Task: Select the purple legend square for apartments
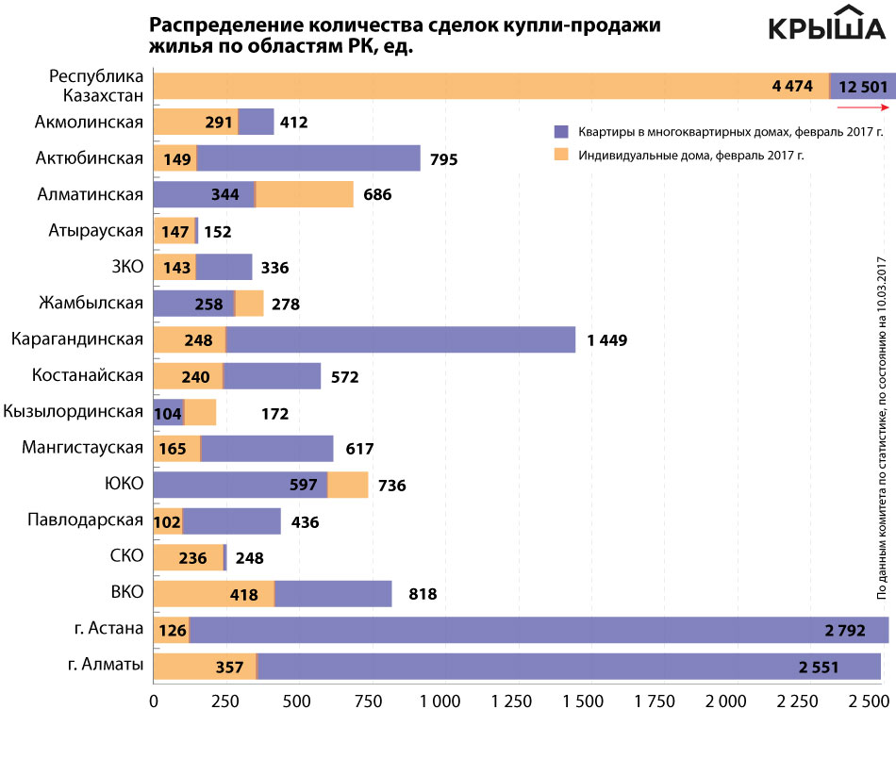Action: [x=561, y=131]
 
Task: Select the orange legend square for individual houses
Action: [x=561, y=153]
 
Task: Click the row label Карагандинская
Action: [x=77, y=338]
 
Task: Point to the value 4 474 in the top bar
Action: [x=791, y=86]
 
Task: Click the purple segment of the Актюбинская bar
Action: [x=308, y=158]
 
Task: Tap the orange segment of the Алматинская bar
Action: [x=304, y=195]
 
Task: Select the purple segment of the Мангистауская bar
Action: [x=267, y=449]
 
